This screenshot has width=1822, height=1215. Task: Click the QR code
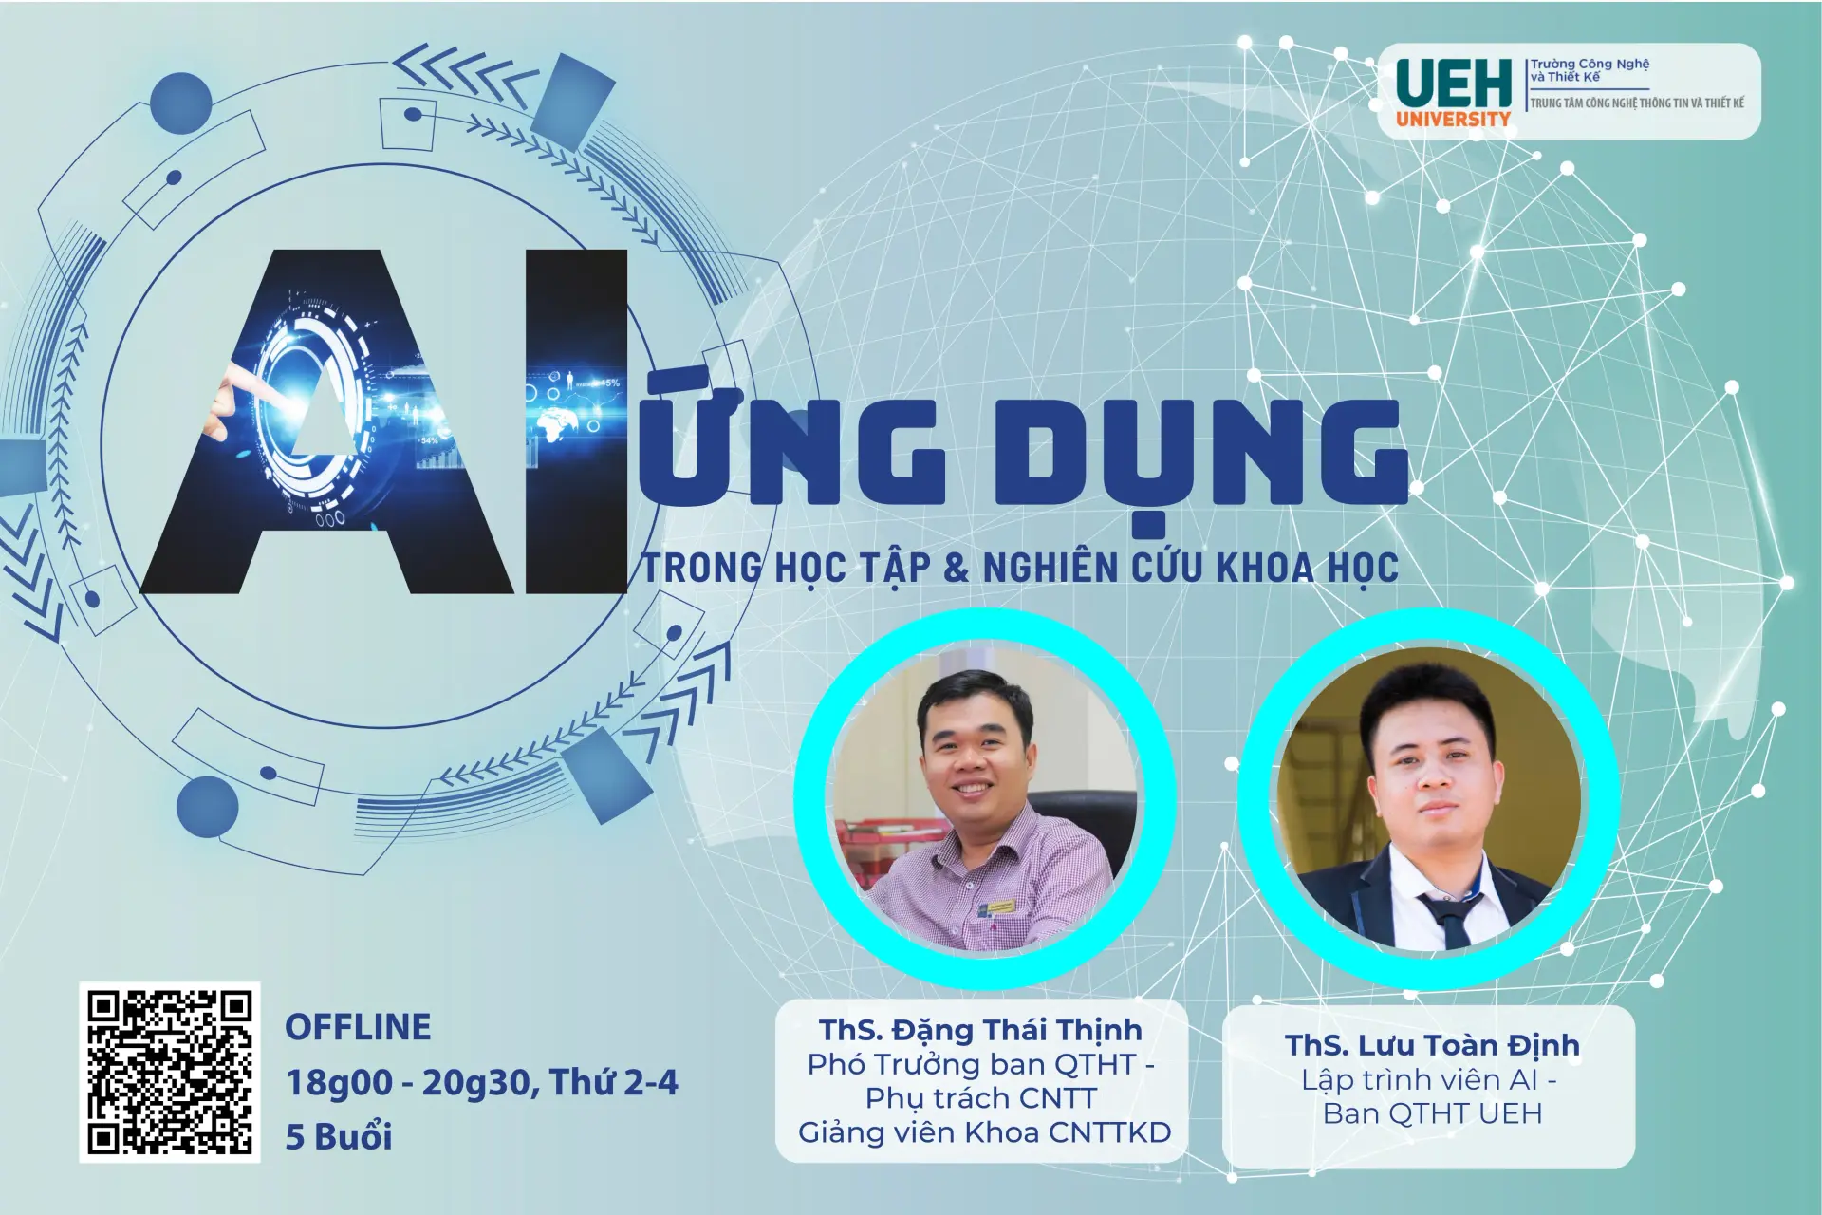pyautogui.click(x=169, y=1072)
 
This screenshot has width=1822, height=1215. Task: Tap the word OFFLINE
pyautogui.click(x=358, y=1027)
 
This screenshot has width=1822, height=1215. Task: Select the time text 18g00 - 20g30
pyautogui.click(x=411, y=1082)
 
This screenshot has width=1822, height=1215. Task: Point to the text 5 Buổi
pyautogui.click(x=339, y=1136)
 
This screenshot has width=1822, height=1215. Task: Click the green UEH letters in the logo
pyautogui.click(x=1453, y=84)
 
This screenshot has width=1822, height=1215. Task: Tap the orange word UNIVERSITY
pyautogui.click(x=1452, y=120)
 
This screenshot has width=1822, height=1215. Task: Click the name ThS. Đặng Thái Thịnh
pyautogui.click(x=980, y=1030)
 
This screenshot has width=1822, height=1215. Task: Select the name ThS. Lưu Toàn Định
pyautogui.click(x=1431, y=1045)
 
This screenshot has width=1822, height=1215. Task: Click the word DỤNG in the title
pyautogui.click(x=1200, y=454)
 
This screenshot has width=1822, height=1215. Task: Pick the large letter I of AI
pyautogui.click(x=576, y=421)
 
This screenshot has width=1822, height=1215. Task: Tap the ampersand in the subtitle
pyautogui.click(x=956, y=568)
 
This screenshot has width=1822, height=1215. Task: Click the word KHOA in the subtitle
pyautogui.click(x=1265, y=568)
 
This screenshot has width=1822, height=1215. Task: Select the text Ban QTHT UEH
pyautogui.click(x=1431, y=1113)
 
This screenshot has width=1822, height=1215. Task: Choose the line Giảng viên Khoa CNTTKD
pyautogui.click(x=984, y=1132)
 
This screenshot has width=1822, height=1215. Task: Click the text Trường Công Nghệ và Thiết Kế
pyautogui.click(x=1590, y=70)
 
